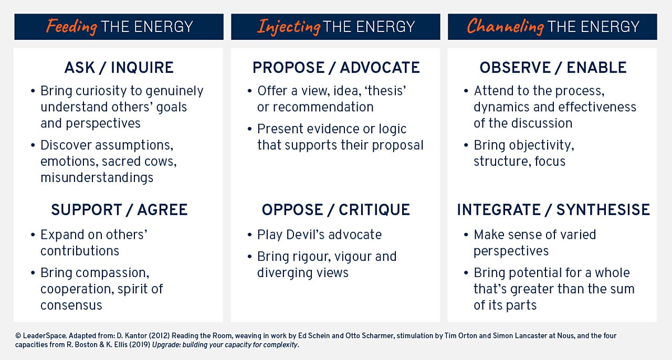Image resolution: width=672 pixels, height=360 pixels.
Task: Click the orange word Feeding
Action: pyautogui.click(x=71, y=26)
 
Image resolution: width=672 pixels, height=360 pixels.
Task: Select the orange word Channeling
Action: pyautogui.click(x=505, y=26)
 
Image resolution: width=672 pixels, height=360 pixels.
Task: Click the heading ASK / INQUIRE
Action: pyautogui.click(x=119, y=68)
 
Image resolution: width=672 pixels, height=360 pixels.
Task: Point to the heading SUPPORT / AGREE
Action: pyautogui.click(x=119, y=210)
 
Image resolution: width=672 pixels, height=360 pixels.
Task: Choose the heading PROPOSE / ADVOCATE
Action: pyautogui.click(x=336, y=68)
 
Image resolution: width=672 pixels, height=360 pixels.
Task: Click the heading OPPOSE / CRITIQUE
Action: pyautogui.click(x=336, y=210)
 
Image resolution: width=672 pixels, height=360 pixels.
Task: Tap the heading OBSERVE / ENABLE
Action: pyautogui.click(x=553, y=68)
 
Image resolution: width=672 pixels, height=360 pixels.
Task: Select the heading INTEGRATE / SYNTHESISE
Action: pyautogui.click(x=553, y=210)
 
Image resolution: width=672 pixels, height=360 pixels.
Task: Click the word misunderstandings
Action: pyautogui.click(x=97, y=178)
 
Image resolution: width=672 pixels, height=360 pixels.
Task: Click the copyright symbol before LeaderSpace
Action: pyautogui.click(x=18, y=335)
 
